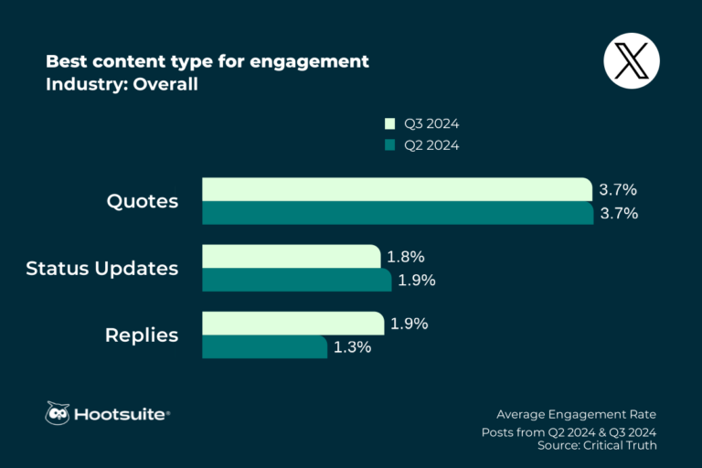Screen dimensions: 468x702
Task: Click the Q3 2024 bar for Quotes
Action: (x=397, y=189)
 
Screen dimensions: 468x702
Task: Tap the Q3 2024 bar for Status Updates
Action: (x=291, y=257)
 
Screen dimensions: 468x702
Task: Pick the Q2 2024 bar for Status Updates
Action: (x=296, y=280)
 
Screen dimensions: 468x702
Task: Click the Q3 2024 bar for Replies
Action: (x=292, y=324)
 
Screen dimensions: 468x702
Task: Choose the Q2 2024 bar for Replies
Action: (x=264, y=347)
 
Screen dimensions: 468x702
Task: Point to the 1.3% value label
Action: (x=352, y=347)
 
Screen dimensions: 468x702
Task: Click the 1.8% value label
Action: (x=406, y=257)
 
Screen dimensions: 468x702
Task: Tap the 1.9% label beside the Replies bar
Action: (x=409, y=324)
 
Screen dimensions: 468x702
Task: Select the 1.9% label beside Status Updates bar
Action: (x=417, y=280)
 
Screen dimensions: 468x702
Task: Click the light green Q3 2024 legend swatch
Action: (x=389, y=123)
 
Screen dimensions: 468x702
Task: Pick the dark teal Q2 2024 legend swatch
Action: (x=389, y=144)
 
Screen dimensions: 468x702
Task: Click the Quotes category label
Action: (x=143, y=201)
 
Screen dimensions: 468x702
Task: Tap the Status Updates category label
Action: (x=102, y=269)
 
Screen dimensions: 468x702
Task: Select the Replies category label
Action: (x=142, y=335)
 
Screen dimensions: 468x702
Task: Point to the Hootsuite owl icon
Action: (x=58, y=414)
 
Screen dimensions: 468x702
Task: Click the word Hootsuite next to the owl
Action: (x=122, y=415)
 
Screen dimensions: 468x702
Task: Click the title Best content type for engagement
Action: (x=207, y=62)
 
